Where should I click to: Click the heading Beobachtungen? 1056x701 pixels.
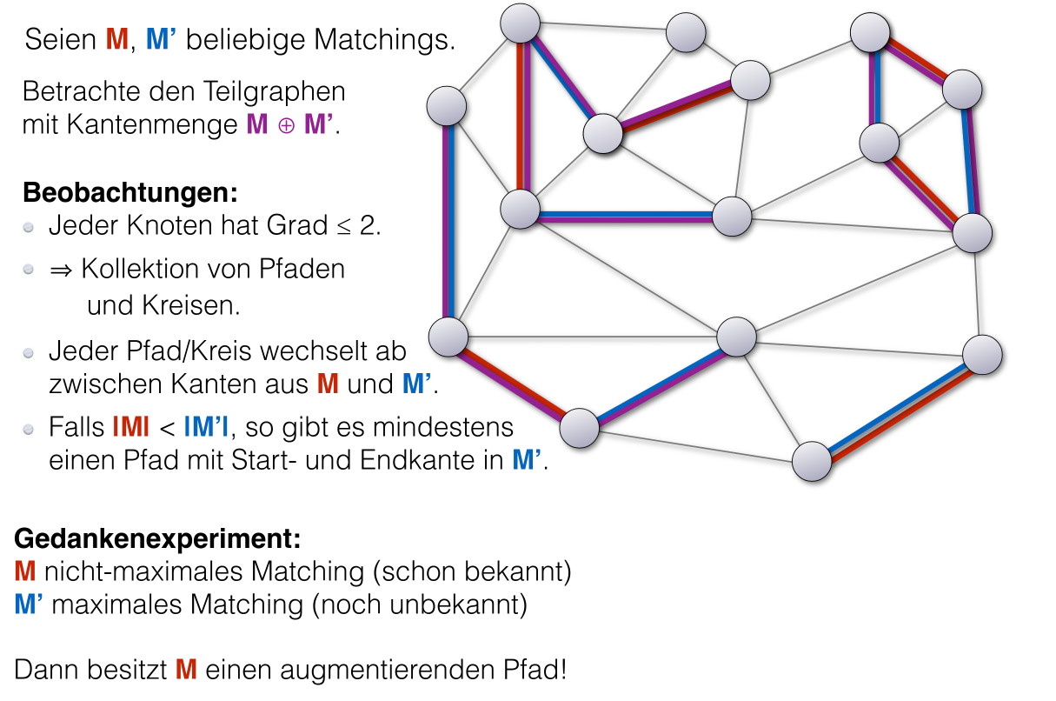tap(130, 191)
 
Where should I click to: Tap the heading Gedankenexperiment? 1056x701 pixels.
tap(157, 539)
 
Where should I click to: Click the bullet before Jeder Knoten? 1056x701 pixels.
tap(30, 228)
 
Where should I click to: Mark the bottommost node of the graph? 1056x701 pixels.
tap(812, 461)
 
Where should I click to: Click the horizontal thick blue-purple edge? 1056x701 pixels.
tap(626, 214)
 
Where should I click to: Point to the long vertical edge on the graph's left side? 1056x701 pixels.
tap(448, 221)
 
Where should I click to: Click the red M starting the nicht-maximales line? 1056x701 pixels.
tap(25, 572)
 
